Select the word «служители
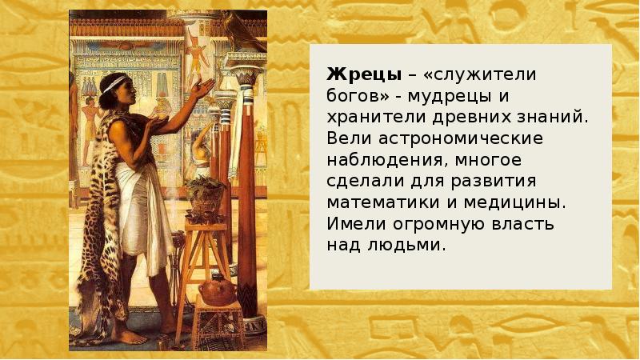click(470, 75)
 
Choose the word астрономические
click(450, 138)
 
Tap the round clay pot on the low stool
click(216, 288)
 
